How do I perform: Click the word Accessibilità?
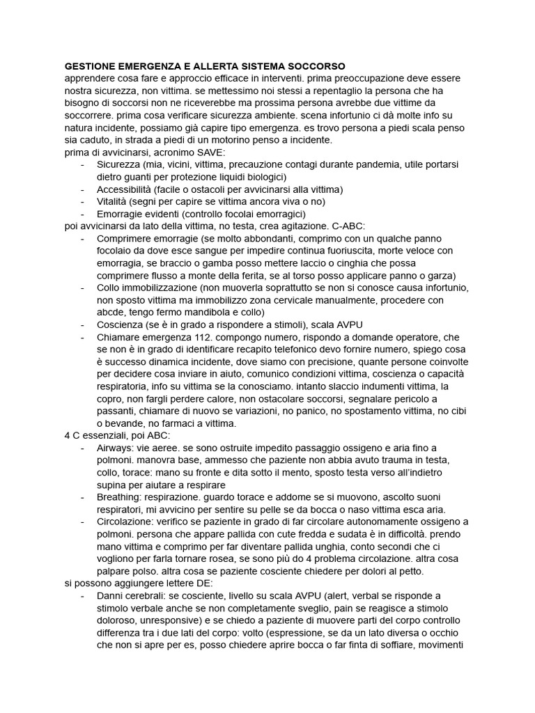click(x=123, y=189)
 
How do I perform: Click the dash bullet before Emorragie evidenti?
click(x=84, y=214)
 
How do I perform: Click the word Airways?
click(x=116, y=447)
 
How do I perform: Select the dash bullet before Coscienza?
click(x=84, y=324)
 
